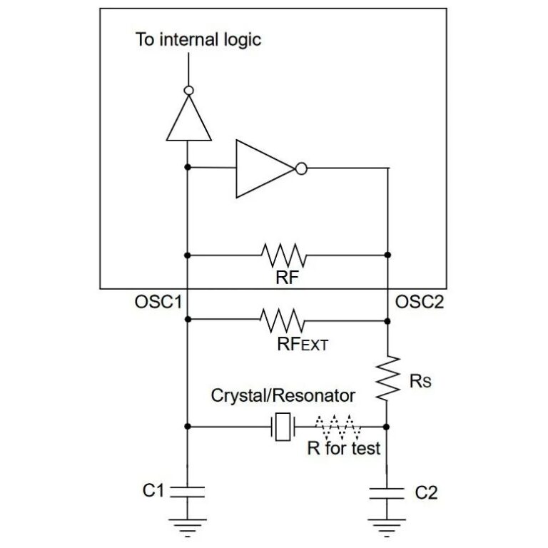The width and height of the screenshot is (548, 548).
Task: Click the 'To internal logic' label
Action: (x=198, y=39)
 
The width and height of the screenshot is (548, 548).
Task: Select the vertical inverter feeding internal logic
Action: (x=188, y=118)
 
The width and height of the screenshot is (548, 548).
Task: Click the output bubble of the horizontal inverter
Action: (x=301, y=169)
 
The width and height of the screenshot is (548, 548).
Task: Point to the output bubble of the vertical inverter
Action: (x=188, y=91)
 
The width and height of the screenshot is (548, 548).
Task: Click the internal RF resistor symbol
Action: (x=285, y=254)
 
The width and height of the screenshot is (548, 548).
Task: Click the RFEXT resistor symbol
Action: (x=285, y=320)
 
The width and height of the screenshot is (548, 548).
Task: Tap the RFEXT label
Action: (x=302, y=345)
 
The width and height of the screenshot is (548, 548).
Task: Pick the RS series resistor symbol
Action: (x=387, y=378)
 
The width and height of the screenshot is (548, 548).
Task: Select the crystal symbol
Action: (x=284, y=427)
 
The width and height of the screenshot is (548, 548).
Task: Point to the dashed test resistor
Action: (x=336, y=426)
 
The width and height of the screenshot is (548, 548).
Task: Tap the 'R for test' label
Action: (x=343, y=450)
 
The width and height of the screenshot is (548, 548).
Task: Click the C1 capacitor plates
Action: (x=188, y=491)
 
